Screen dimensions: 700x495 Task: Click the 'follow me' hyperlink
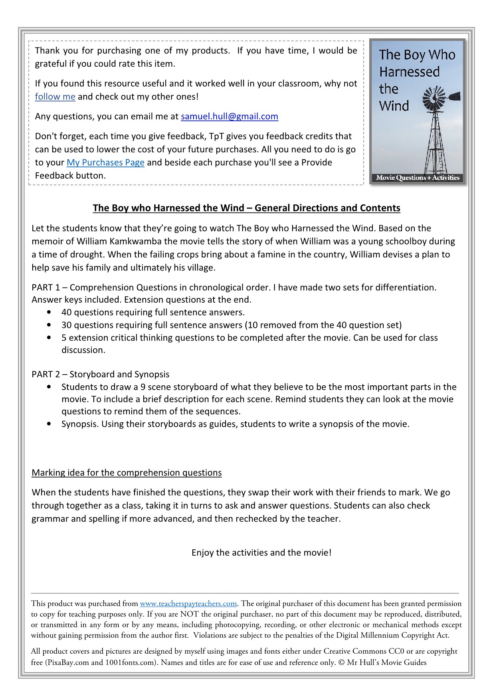[x=55, y=97]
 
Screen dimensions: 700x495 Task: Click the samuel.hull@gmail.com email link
[x=230, y=116]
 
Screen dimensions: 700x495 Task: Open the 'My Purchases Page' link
[x=105, y=162]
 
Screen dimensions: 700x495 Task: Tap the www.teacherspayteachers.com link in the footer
[x=188, y=603]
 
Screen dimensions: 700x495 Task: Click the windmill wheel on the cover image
[x=434, y=98]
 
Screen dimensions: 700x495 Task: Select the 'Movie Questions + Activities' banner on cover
[x=418, y=178]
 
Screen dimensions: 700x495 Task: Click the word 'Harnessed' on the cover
[x=409, y=72]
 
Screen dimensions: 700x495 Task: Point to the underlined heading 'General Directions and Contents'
[x=327, y=208]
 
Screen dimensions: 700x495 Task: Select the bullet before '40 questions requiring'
[x=49, y=312]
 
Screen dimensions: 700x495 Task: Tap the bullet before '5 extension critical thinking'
[x=49, y=337]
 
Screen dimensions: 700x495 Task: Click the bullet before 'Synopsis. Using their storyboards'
[x=49, y=424]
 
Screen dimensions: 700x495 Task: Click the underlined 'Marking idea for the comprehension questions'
[x=127, y=473]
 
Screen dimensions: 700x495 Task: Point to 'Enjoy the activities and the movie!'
[x=261, y=552]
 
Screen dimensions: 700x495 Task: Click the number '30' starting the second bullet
[x=66, y=325]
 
